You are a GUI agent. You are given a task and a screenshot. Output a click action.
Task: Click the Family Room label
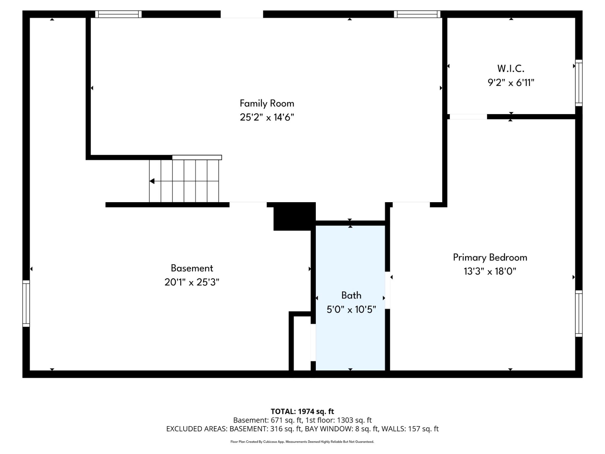click(x=267, y=103)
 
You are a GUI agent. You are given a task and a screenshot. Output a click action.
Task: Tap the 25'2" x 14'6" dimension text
click(x=267, y=117)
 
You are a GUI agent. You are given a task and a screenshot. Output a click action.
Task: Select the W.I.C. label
click(x=510, y=69)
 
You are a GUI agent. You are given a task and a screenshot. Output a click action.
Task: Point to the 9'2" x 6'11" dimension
click(x=511, y=82)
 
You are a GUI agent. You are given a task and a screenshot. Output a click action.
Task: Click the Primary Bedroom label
click(x=490, y=257)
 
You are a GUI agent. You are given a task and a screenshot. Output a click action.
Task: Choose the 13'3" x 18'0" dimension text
click(x=490, y=271)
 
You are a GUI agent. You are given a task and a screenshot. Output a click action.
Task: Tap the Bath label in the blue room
click(x=351, y=295)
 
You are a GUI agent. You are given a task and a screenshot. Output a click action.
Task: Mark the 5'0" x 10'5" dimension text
click(x=351, y=309)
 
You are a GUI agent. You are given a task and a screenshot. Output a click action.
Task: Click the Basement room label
click(x=192, y=268)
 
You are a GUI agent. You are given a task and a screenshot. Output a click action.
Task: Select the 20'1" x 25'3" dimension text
click(x=192, y=282)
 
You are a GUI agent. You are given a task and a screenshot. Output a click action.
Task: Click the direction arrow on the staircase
click(x=152, y=181)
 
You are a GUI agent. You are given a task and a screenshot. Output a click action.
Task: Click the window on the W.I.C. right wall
click(x=578, y=83)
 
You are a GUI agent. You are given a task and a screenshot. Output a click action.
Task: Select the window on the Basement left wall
click(x=26, y=304)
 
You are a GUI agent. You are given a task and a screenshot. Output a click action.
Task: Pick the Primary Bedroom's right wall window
click(x=578, y=313)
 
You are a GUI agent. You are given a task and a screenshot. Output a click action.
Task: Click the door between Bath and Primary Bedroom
click(x=387, y=290)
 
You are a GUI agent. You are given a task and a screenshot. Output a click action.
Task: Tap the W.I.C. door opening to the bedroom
click(x=468, y=117)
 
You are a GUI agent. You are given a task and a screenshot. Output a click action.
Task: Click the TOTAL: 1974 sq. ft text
click(x=302, y=411)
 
